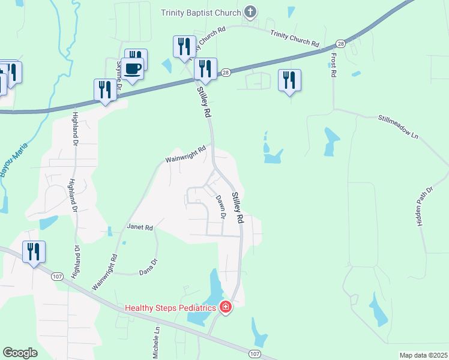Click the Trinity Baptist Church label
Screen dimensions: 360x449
(201, 12)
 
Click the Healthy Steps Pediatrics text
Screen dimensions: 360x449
(170, 308)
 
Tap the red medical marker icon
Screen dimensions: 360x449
(225, 308)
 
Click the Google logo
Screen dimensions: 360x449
(20, 352)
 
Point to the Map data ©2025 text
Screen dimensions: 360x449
(423, 355)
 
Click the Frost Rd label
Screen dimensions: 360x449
(333, 65)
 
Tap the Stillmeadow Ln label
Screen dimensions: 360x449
(397, 127)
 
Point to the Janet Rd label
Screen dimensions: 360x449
(140, 228)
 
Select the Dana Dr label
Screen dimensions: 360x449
(148, 266)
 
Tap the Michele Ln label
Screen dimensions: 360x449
(156, 343)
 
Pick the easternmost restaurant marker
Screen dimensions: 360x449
(290, 80)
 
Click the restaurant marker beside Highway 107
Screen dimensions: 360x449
(34, 252)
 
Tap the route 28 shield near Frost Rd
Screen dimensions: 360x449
(341, 44)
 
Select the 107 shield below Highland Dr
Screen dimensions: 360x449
(56, 277)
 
